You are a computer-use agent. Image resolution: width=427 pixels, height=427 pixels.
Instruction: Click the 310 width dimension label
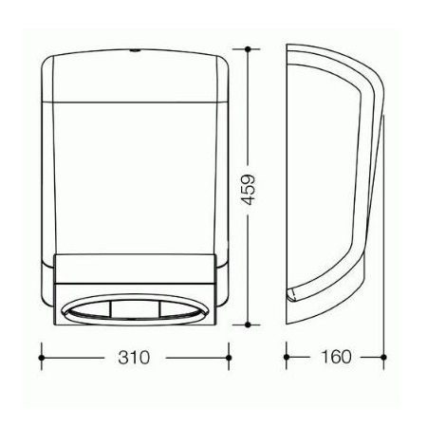click(133, 358)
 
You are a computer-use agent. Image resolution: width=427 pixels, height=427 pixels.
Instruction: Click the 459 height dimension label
click(248, 189)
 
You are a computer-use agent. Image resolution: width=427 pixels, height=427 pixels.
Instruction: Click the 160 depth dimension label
click(336, 357)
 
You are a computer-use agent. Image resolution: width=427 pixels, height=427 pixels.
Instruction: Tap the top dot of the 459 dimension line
click(248, 49)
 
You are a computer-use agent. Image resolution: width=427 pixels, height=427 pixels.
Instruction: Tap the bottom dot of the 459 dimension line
click(248, 325)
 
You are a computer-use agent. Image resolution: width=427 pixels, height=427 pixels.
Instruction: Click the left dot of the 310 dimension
click(41, 358)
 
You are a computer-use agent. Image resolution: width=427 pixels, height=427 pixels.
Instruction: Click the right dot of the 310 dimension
click(229, 358)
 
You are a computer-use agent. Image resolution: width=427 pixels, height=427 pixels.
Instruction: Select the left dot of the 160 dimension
click(287, 358)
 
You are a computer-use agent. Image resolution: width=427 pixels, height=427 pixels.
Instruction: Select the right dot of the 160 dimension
click(383, 358)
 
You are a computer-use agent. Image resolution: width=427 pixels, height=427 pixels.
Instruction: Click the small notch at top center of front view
click(135, 50)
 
